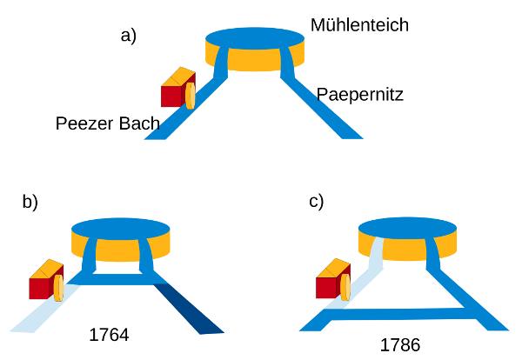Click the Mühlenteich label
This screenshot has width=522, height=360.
pyautogui.click(x=359, y=25)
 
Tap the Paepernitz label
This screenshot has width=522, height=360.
pyautogui.click(x=359, y=93)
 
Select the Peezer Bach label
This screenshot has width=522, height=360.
pyautogui.click(x=108, y=123)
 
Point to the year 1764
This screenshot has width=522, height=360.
pyautogui.click(x=109, y=334)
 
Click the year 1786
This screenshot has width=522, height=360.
pyautogui.click(x=400, y=345)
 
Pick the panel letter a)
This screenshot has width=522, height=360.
pyautogui.click(x=129, y=36)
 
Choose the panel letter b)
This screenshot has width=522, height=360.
pyautogui.click(x=30, y=203)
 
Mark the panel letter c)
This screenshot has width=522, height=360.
pyautogui.click(x=317, y=202)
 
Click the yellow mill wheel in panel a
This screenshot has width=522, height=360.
pyautogui.click(x=190, y=96)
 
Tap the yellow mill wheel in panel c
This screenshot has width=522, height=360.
pyautogui.click(x=345, y=287)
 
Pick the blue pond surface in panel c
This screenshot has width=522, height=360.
pyautogui.click(x=407, y=228)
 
